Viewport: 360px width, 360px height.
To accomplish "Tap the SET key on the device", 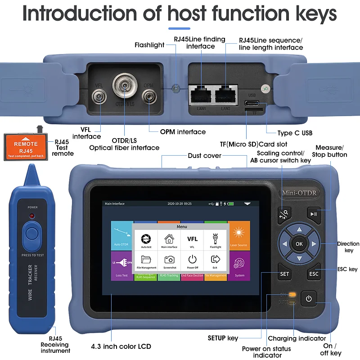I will tap(284, 274).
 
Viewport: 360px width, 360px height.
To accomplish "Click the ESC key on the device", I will tap(314, 274).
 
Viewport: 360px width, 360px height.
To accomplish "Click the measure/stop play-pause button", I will tap(314, 213).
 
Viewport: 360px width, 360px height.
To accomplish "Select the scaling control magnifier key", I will tap(284, 213).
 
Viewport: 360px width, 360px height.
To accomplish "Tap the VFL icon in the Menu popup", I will tap(192, 241).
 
